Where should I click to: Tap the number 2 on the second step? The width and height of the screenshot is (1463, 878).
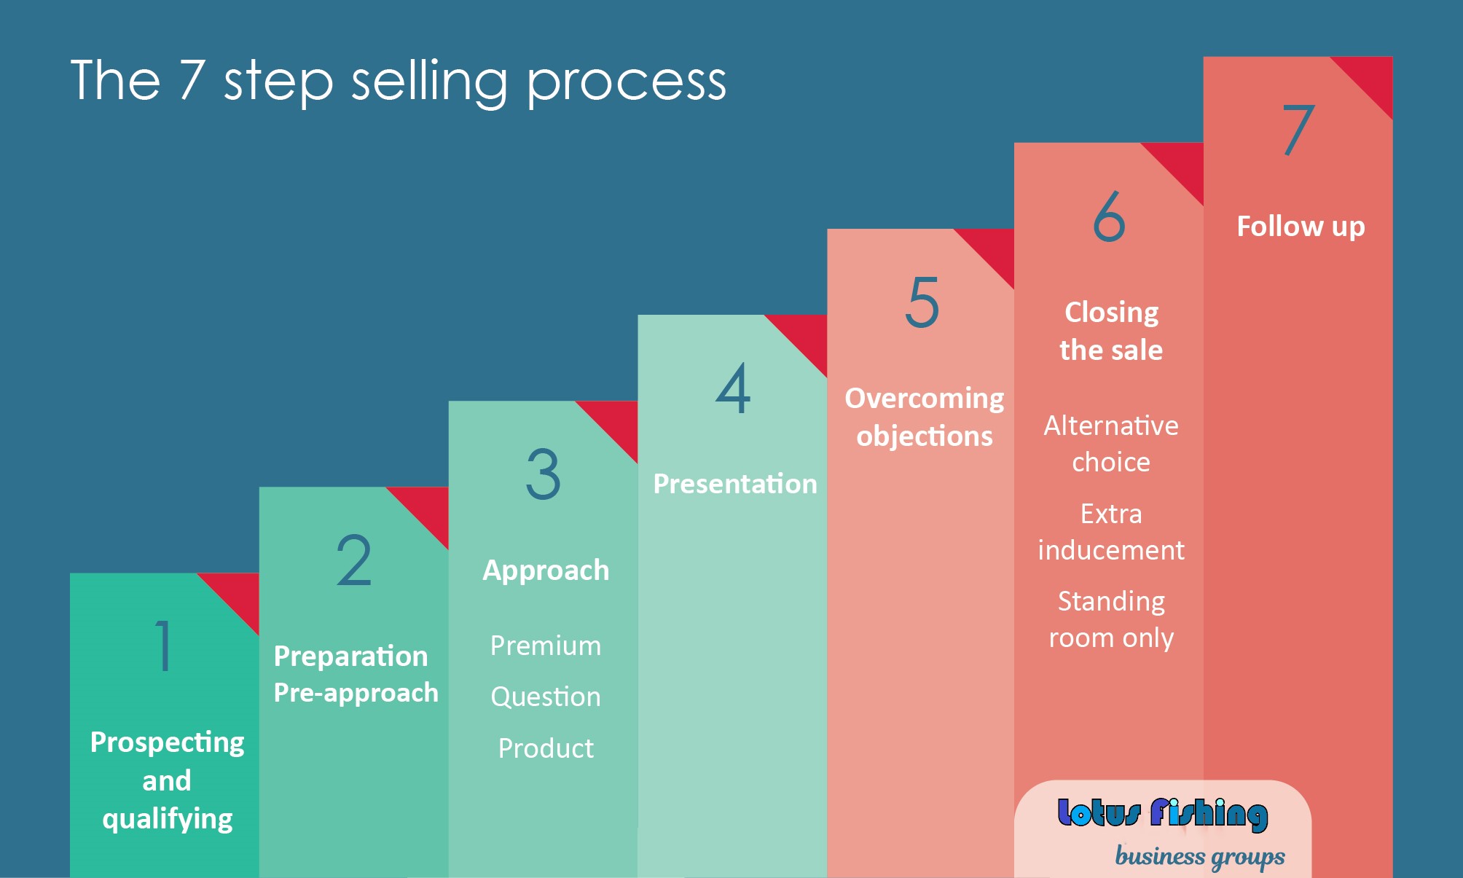click(354, 560)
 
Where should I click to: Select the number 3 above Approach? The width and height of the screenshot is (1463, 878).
click(544, 474)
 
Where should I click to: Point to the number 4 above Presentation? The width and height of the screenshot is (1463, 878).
click(733, 388)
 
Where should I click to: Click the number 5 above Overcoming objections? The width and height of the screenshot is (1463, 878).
click(922, 302)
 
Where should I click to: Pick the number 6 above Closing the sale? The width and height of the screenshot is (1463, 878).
click(1110, 216)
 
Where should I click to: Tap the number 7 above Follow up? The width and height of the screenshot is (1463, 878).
click(1299, 130)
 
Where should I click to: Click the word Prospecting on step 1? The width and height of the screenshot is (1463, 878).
click(167, 743)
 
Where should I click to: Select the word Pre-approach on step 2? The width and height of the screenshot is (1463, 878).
click(356, 693)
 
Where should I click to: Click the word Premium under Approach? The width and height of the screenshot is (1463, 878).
click(546, 646)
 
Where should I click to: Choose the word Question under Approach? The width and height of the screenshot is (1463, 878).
click(546, 697)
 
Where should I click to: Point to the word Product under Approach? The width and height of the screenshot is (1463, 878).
click(546, 748)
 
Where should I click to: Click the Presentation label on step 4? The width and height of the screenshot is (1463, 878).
click(735, 484)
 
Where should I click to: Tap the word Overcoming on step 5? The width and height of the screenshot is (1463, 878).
click(925, 399)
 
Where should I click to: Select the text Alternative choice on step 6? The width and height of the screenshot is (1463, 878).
click(1111, 444)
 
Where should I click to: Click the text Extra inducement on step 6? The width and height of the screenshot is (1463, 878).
click(1111, 532)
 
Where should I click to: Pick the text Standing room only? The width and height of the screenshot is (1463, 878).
click(1111, 619)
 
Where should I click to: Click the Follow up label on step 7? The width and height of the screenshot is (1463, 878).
click(1301, 227)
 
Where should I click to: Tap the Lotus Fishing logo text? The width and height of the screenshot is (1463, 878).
click(1163, 814)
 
